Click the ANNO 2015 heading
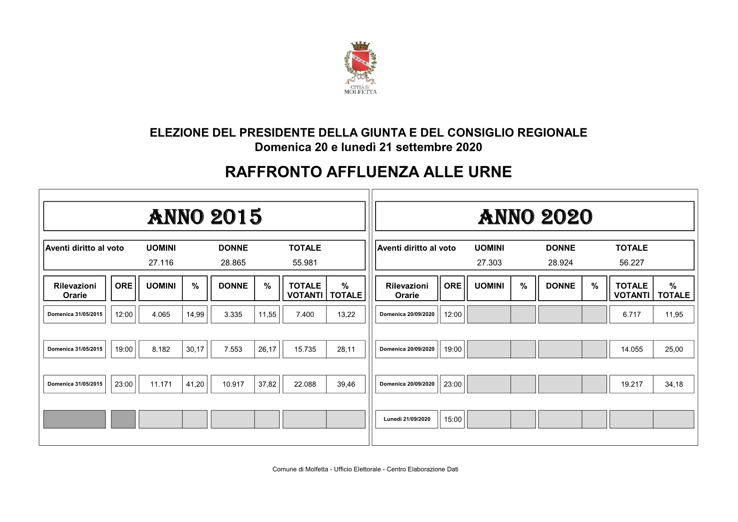[x=204, y=217]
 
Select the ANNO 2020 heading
[x=535, y=217]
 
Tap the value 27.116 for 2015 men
[x=161, y=263]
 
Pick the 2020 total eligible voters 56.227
[x=631, y=263]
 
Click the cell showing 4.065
[x=161, y=314]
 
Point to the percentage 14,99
[x=195, y=314]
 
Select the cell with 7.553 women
[x=233, y=349]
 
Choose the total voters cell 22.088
[x=305, y=384]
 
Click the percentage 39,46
[x=346, y=384]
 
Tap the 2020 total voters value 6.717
[x=632, y=314]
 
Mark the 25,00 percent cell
[x=674, y=349]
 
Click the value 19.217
[x=632, y=384]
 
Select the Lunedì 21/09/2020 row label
[x=407, y=419]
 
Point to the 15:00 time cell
[x=452, y=419]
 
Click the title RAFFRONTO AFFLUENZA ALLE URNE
[x=368, y=172]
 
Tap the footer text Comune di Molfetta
[x=365, y=469]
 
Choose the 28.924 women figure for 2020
[x=560, y=263]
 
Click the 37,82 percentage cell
[x=267, y=384]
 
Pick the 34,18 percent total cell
[x=674, y=384]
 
